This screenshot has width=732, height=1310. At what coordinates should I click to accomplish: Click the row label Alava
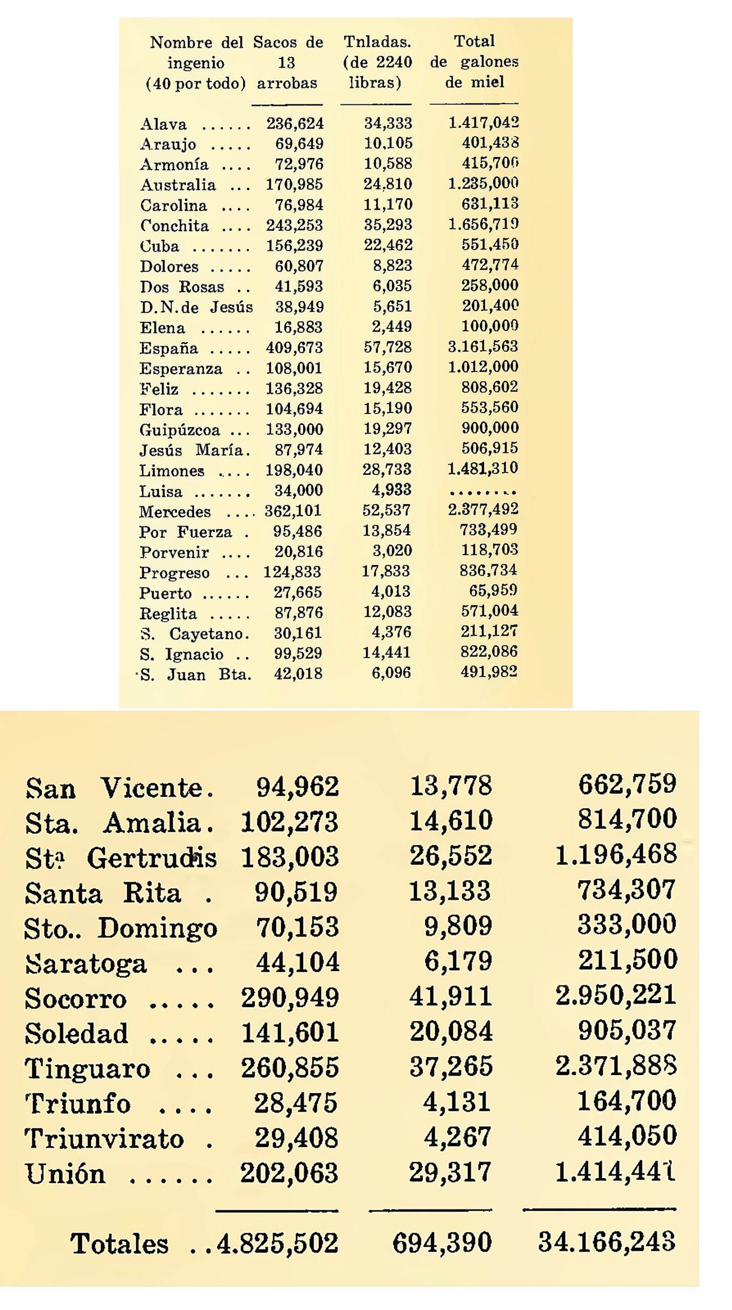pos(163,124)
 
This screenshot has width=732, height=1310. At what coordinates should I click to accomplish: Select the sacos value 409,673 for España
pos(294,347)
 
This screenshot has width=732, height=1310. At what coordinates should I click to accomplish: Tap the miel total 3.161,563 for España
pos(483,346)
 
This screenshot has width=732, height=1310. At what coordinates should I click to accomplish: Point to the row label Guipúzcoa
pos(179,430)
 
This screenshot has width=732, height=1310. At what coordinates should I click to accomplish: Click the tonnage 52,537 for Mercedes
pos(386,510)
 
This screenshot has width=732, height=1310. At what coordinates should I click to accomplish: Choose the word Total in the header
pos(474,41)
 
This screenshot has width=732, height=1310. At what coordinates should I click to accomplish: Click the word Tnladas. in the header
pos(377,41)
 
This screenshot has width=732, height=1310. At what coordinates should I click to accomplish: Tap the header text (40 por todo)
pos(196,83)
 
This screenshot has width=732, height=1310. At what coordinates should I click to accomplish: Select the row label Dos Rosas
pos(182,287)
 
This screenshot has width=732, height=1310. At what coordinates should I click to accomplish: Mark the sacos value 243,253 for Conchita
pos(294,225)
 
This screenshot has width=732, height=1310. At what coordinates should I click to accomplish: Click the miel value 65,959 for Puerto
pos(493,591)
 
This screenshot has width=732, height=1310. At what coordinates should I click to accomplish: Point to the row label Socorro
pos(75,999)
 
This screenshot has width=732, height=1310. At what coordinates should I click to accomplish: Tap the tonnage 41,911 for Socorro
pos(450,996)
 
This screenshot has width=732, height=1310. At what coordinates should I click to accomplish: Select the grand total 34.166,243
pos(607,1242)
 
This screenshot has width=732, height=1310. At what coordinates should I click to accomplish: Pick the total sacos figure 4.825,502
pos(277,1243)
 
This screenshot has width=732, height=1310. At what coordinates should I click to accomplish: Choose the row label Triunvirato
pos(104,1139)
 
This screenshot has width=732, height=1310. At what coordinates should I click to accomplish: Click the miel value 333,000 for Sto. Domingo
pos(627,925)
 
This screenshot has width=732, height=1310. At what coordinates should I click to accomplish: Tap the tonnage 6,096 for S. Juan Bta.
pos(391,672)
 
